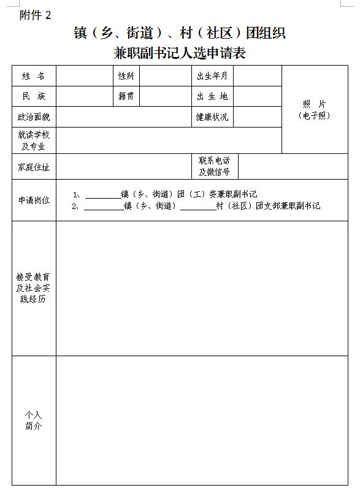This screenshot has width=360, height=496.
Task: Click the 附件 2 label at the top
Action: pos(36,15)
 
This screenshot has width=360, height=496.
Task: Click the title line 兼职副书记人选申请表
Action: pos(180,53)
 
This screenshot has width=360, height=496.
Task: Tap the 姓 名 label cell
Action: pos(34,76)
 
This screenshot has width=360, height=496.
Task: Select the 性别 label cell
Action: pos(126,76)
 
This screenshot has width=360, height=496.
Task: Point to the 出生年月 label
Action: pos(212,76)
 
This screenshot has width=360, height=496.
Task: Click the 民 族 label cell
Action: pos(34,96)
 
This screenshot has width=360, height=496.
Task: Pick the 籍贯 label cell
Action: pos(126,96)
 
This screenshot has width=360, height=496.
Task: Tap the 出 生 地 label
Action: pos(212,96)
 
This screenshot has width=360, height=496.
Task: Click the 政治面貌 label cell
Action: pos(34,116)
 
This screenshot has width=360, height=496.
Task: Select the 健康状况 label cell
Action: pos(212,116)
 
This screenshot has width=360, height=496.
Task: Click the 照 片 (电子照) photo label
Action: pos(314,110)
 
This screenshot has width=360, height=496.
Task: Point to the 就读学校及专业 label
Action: pos(34,140)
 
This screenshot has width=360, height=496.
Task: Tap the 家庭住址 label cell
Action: pos(34,167)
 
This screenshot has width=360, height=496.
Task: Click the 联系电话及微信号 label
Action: pos(214,166)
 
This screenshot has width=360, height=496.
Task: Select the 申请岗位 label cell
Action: pos(34,200)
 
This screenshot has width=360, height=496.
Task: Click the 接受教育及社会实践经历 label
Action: pos(34,288)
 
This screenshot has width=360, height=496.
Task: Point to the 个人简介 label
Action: pos(34,421)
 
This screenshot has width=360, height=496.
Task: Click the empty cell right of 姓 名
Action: pos(85,76)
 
